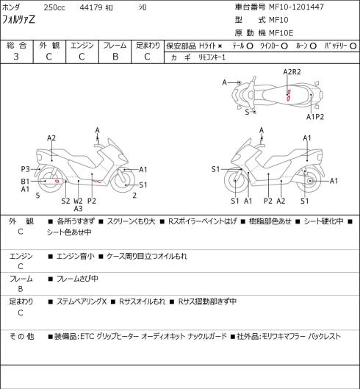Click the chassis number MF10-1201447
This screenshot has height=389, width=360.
pos(296,7)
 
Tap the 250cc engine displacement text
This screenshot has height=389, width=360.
pos(54,7)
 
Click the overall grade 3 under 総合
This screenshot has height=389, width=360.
pos(16,57)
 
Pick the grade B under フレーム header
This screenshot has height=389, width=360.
pos(115,57)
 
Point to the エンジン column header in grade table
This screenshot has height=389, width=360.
pos(82,46)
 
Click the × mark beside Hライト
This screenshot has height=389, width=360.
pos(220,46)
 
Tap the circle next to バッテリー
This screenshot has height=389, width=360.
pos(353,46)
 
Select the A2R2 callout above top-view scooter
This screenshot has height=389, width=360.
pos(292,72)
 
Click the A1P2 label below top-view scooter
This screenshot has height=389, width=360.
pos(315,117)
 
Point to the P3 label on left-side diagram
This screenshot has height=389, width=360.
pos(25,169)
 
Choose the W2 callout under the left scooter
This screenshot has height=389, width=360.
pos(78,201)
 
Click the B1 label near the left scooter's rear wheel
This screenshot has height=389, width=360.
pos(25,182)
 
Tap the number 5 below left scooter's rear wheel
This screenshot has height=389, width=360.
pos(37,196)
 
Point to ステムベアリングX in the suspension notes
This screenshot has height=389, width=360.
pos(82,301)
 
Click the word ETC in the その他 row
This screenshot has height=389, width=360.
pos(87,336)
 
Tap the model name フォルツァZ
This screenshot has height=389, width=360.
pos(18,20)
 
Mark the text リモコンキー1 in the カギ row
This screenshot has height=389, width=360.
pos(212,57)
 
